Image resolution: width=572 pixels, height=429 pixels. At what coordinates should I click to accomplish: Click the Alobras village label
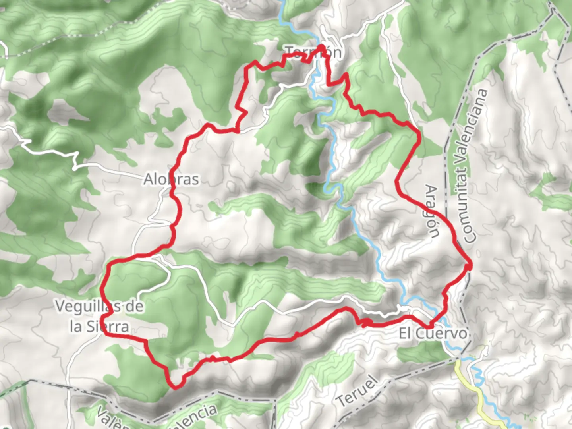[171, 179]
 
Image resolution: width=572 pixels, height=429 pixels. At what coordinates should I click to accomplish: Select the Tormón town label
[313, 52]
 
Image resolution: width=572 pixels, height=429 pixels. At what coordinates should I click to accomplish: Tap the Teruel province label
[357, 392]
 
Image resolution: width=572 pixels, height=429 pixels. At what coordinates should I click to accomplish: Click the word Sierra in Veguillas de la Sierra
[108, 327]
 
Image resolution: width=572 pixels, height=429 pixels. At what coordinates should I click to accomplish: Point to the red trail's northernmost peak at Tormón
[320, 47]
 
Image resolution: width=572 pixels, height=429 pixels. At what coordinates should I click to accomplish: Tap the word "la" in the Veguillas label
[76, 327]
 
